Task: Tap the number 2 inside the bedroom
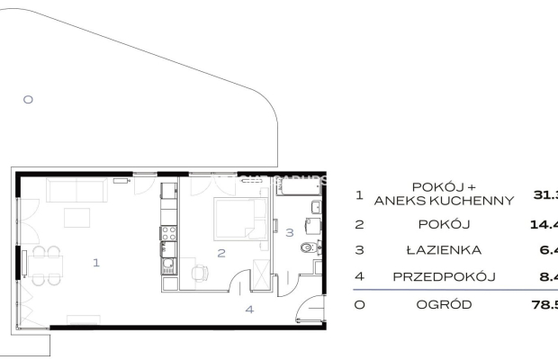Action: pyautogui.click(x=221, y=253)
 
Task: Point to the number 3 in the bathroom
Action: pyautogui.click(x=290, y=233)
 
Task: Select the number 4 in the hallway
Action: pyautogui.click(x=251, y=310)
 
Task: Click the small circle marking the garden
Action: pyautogui.click(x=27, y=100)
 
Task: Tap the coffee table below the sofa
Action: pyautogui.click(x=76, y=218)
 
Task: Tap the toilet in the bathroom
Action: pyautogui.click(x=309, y=248)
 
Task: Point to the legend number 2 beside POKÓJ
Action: pyautogui.click(x=359, y=223)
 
